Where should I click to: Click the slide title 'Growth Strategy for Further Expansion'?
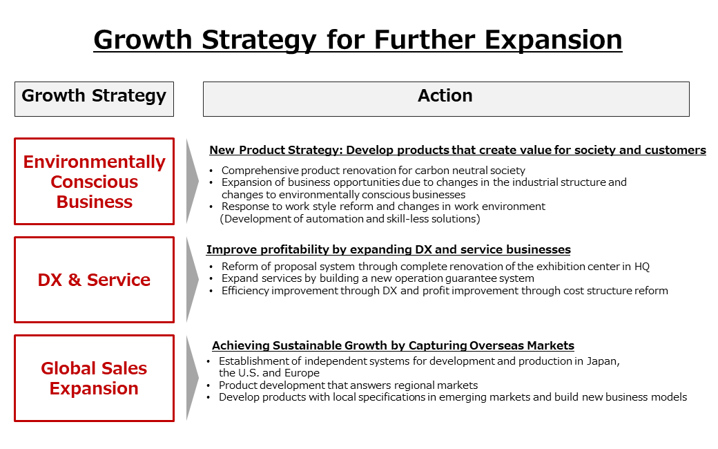[x=358, y=39]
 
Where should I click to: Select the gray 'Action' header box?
[x=445, y=98]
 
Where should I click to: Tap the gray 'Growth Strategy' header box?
[x=94, y=98]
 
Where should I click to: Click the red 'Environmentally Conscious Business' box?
[x=94, y=181]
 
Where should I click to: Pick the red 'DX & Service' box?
[x=94, y=280]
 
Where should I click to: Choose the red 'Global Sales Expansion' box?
[x=94, y=378]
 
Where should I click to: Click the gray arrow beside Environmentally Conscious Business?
[x=193, y=181]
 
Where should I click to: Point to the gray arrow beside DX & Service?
[x=193, y=280]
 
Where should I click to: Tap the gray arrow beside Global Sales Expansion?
[x=193, y=378]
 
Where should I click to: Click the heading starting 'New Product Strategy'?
[x=457, y=150]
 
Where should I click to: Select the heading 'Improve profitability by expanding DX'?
[x=388, y=249]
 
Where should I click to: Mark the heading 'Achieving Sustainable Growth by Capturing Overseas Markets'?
[x=393, y=345]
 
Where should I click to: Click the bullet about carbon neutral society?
[x=373, y=170]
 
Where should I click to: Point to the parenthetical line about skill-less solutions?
[x=349, y=219]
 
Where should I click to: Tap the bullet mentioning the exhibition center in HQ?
[x=435, y=266]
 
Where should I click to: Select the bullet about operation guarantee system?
[x=377, y=278]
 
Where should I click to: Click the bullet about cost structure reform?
[x=444, y=291]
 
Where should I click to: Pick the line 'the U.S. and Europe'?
[x=269, y=373]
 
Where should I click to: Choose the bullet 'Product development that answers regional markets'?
[x=348, y=385]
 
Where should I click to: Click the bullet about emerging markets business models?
[x=452, y=397]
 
